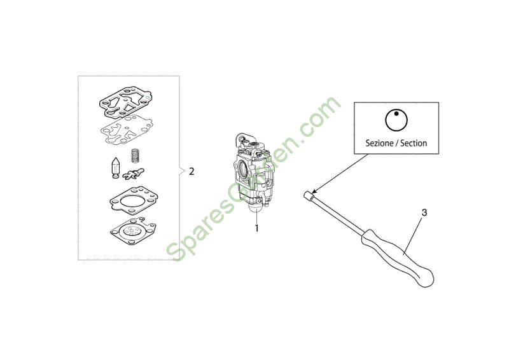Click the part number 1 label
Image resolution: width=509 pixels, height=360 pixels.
click(256, 228)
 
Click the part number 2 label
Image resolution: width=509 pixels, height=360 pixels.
click(192, 171)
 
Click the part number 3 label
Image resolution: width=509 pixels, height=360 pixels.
click(424, 212)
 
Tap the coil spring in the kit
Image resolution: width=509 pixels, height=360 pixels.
click(135, 156)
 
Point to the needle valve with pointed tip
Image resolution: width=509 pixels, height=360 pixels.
click(116, 167)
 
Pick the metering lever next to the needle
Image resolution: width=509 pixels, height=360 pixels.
click(134, 174)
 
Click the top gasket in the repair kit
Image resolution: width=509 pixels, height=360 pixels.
click(125, 101)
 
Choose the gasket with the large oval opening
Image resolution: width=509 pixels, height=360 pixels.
click(134, 200)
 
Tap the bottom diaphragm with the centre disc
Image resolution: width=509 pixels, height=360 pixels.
click(133, 231)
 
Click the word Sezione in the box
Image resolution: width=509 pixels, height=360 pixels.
click(379, 143)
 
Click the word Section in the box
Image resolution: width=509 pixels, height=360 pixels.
click(414, 143)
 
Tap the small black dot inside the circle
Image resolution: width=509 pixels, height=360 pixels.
click(396, 113)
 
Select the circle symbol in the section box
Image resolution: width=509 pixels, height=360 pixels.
click(396, 120)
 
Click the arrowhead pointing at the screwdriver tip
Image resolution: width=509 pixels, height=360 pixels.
click(315, 191)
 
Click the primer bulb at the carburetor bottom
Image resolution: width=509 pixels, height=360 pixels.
click(256, 207)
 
